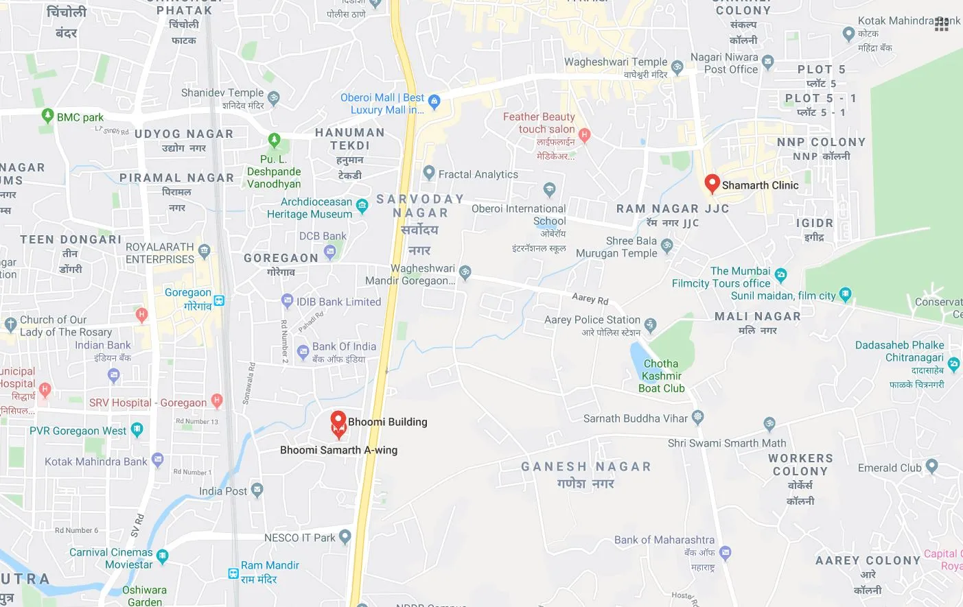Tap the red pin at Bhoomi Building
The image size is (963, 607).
[338, 420]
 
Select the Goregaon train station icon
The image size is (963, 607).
[219, 300]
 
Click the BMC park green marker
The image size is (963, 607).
[47, 115]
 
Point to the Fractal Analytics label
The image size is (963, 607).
[478, 174]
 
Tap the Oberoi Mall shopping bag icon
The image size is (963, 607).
[434, 102]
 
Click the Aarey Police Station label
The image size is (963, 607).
[592, 320]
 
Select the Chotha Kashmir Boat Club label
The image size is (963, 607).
[661, 376]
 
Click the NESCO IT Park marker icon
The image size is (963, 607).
[345, 536]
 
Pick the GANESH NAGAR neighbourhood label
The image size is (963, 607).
[585, 467]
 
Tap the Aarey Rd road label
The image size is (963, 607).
[590, 298]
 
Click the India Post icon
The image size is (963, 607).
[257, 490]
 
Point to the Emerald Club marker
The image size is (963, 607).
[931, 466]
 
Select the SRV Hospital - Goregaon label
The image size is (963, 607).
[148, 403]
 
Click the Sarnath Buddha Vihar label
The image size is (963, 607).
[635, 418]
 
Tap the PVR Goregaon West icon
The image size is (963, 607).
[137, 430]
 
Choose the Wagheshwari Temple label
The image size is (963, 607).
[615, 62]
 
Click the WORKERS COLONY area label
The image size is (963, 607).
[800, 465]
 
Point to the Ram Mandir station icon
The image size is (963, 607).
[233, 573]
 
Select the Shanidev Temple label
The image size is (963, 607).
[222, 93]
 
